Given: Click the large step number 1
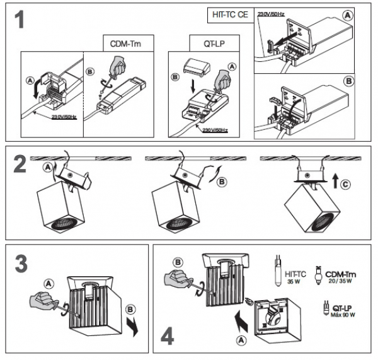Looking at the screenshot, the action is (20, 20).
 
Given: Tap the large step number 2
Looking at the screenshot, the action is (20, 165).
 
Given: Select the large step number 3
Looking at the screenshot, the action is (21, 264).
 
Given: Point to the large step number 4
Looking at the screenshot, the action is (168, 336).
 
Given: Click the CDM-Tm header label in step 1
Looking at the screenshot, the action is (125, 44).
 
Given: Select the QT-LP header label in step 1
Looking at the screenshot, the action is (214, 44).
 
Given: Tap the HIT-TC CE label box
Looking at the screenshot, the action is (231, 15).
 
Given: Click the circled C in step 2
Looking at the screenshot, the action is (345, 185).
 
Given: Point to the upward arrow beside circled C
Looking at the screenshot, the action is (335, 182).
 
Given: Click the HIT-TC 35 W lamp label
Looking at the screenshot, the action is (295, 277).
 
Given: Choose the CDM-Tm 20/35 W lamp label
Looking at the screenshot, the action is (340, 277).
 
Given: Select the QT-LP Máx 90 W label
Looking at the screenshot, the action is (343, 311).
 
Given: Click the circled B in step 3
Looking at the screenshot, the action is (130, 310).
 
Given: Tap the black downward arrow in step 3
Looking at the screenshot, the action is (133, 326).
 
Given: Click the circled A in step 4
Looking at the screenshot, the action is (241, 340).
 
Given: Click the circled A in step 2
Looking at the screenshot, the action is (48, 167).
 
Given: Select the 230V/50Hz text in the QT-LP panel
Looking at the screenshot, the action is (215, 131).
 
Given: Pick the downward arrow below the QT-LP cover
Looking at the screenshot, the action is (193, 87).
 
